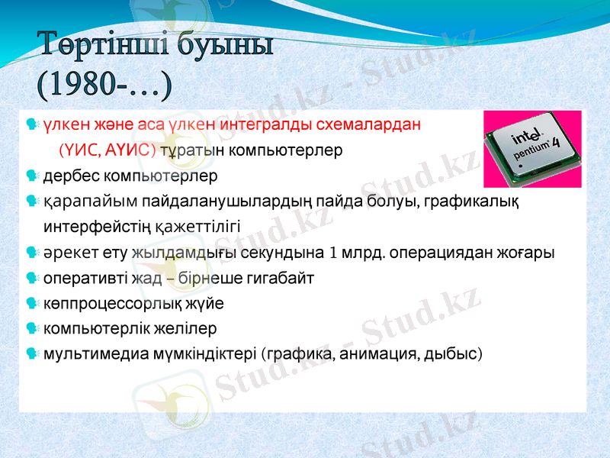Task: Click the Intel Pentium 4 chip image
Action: point(532,149)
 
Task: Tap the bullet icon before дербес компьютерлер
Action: point(31,176)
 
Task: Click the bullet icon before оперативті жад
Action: point(31,278)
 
